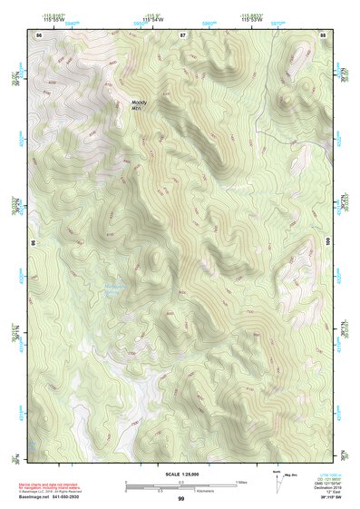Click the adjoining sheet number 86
[x=39, y=34]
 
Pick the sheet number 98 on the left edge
[x=32, y=243]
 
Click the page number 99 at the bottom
[x=181, y=499]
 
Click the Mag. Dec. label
[x=292, y=475]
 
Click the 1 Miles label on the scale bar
[x=240, y=481]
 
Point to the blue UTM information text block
[x=328, y=481]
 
